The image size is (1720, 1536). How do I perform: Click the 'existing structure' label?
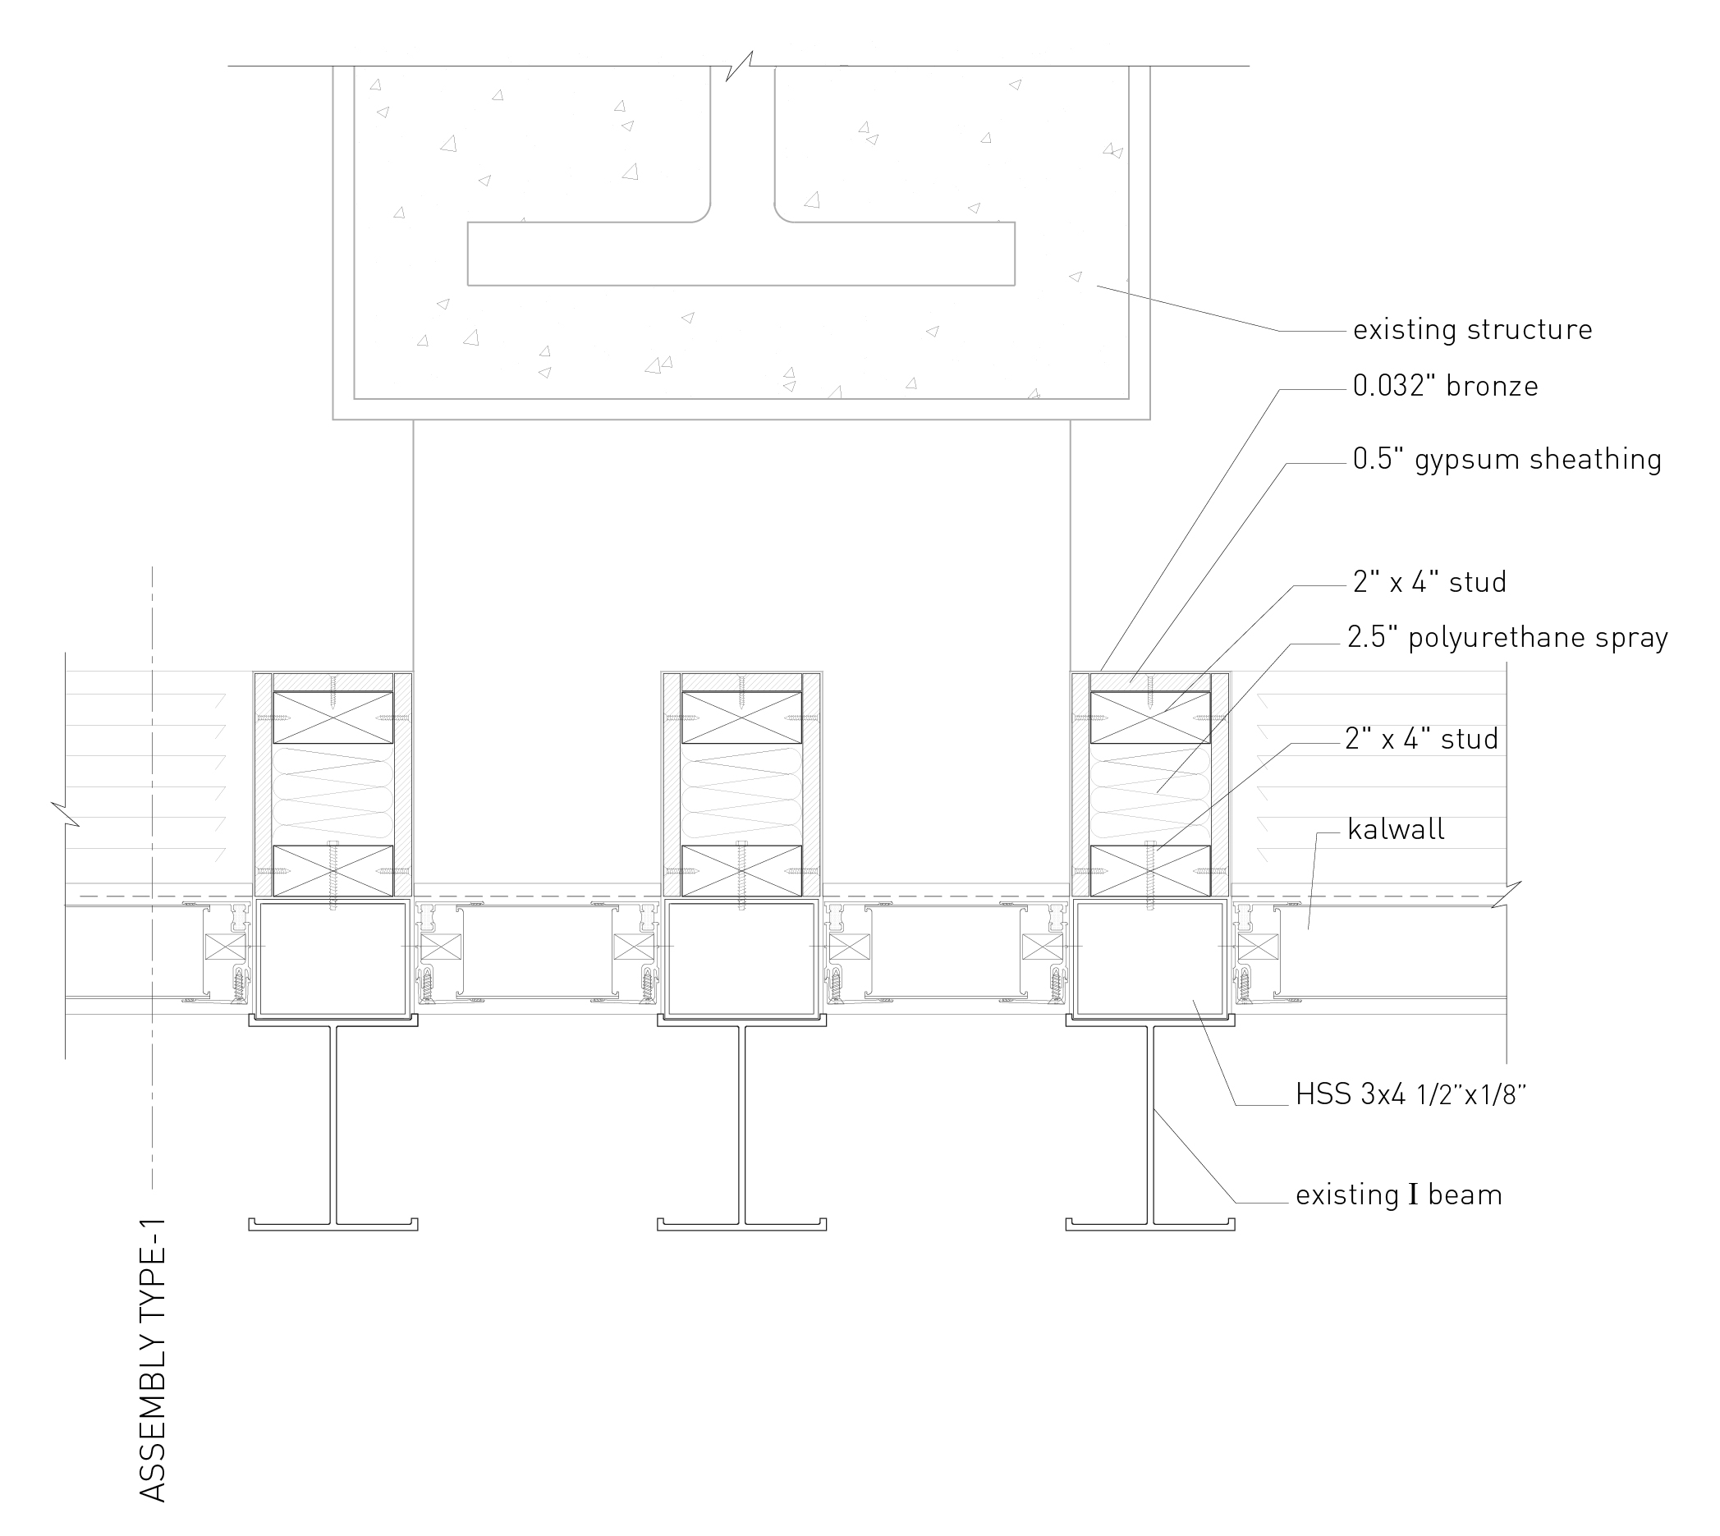point(1473,329)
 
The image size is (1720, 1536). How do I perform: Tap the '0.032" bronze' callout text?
point(1446,386)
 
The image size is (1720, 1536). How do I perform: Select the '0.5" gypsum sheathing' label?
point(1507,459)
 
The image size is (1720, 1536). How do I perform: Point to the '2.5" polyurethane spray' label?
point(1507,637)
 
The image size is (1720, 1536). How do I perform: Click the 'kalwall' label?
point(1396,829)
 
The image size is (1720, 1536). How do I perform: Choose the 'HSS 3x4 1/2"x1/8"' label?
point(1411,1094)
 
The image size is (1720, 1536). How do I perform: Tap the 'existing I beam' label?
point(1399,1195)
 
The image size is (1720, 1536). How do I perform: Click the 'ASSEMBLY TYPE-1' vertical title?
point(152,1359)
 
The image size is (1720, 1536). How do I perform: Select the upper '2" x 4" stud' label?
point(1429,581)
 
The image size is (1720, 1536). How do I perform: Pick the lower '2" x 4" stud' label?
point(1422,739)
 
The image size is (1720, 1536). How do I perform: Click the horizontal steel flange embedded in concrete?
point(741,253)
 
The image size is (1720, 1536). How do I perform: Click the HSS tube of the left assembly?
point(333,957)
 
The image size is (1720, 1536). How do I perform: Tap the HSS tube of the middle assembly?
point(741,957)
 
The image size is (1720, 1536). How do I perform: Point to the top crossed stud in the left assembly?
point(333,718)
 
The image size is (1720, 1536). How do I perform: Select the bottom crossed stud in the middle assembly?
point(741,870)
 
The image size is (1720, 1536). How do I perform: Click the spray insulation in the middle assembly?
point(741,794)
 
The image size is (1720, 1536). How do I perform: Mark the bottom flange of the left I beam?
point(333,1224)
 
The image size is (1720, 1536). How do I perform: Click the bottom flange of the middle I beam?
point(741,1224)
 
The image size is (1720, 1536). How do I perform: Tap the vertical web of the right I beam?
point(1150,1123)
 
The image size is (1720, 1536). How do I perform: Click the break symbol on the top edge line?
point(740,66)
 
